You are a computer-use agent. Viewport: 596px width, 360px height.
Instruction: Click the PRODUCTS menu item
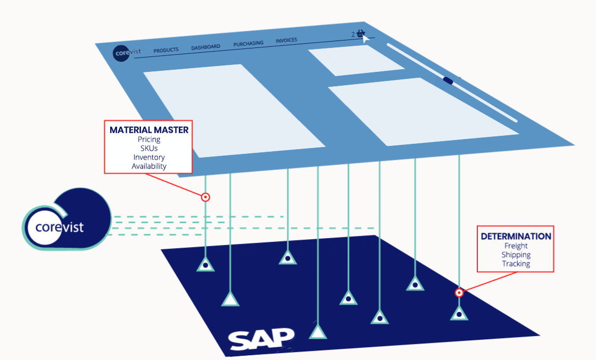click(165, 51)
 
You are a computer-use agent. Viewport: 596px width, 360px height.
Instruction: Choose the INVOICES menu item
click(286, 40)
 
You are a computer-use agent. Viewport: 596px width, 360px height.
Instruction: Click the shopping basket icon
click(361, 34)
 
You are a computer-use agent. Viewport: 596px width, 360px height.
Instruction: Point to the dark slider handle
click(448, 81)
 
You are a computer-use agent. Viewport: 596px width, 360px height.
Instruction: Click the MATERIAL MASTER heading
click(149, 129)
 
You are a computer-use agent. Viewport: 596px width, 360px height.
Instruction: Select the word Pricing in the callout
click(149, 139)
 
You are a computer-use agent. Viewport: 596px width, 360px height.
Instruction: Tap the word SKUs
click(149, 148)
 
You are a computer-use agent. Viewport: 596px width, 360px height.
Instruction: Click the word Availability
click(149, 166)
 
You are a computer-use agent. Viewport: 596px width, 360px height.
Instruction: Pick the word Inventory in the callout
click(149, 157)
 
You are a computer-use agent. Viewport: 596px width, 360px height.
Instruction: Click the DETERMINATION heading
click(516, 236)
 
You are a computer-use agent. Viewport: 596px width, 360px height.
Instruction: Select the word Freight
click(516, 246)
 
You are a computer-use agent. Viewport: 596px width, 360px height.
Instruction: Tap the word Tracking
click(516, 264)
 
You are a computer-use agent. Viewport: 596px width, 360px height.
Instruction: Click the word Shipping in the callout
click(516, 255)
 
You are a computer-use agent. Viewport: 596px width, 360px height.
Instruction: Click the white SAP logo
click(261, 338)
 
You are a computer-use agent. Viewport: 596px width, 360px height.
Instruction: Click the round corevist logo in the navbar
click(122, 53)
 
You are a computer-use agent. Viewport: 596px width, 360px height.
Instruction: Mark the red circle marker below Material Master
click(205, 197)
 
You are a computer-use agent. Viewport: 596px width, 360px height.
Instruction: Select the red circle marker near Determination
click(459, 292)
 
